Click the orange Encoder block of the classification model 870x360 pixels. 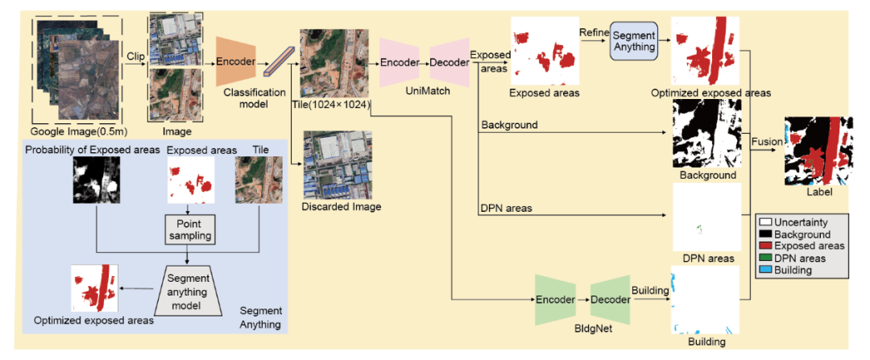235,62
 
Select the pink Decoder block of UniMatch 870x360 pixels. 449,62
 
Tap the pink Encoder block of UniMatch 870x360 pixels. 400,62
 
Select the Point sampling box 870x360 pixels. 188,229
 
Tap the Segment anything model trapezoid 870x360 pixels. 188,290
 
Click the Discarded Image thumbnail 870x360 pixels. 331,166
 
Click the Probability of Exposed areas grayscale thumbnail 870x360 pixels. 96,180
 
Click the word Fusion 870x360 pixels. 766,142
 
